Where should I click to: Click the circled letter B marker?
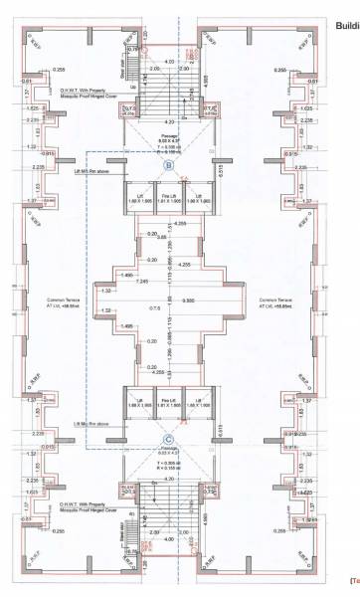tap(169, 165)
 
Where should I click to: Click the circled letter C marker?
tap(169, 436)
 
